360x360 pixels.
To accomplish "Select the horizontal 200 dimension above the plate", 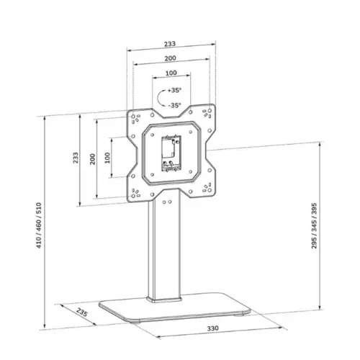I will click(171, 59).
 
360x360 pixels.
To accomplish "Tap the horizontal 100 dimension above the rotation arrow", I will click(171, 74).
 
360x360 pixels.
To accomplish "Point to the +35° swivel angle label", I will click(175, 91).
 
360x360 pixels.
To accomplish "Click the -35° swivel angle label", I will click(175, 105).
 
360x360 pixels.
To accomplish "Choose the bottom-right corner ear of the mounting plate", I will click(207, 189).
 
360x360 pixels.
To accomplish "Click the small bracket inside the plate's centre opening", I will click(171, 153).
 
